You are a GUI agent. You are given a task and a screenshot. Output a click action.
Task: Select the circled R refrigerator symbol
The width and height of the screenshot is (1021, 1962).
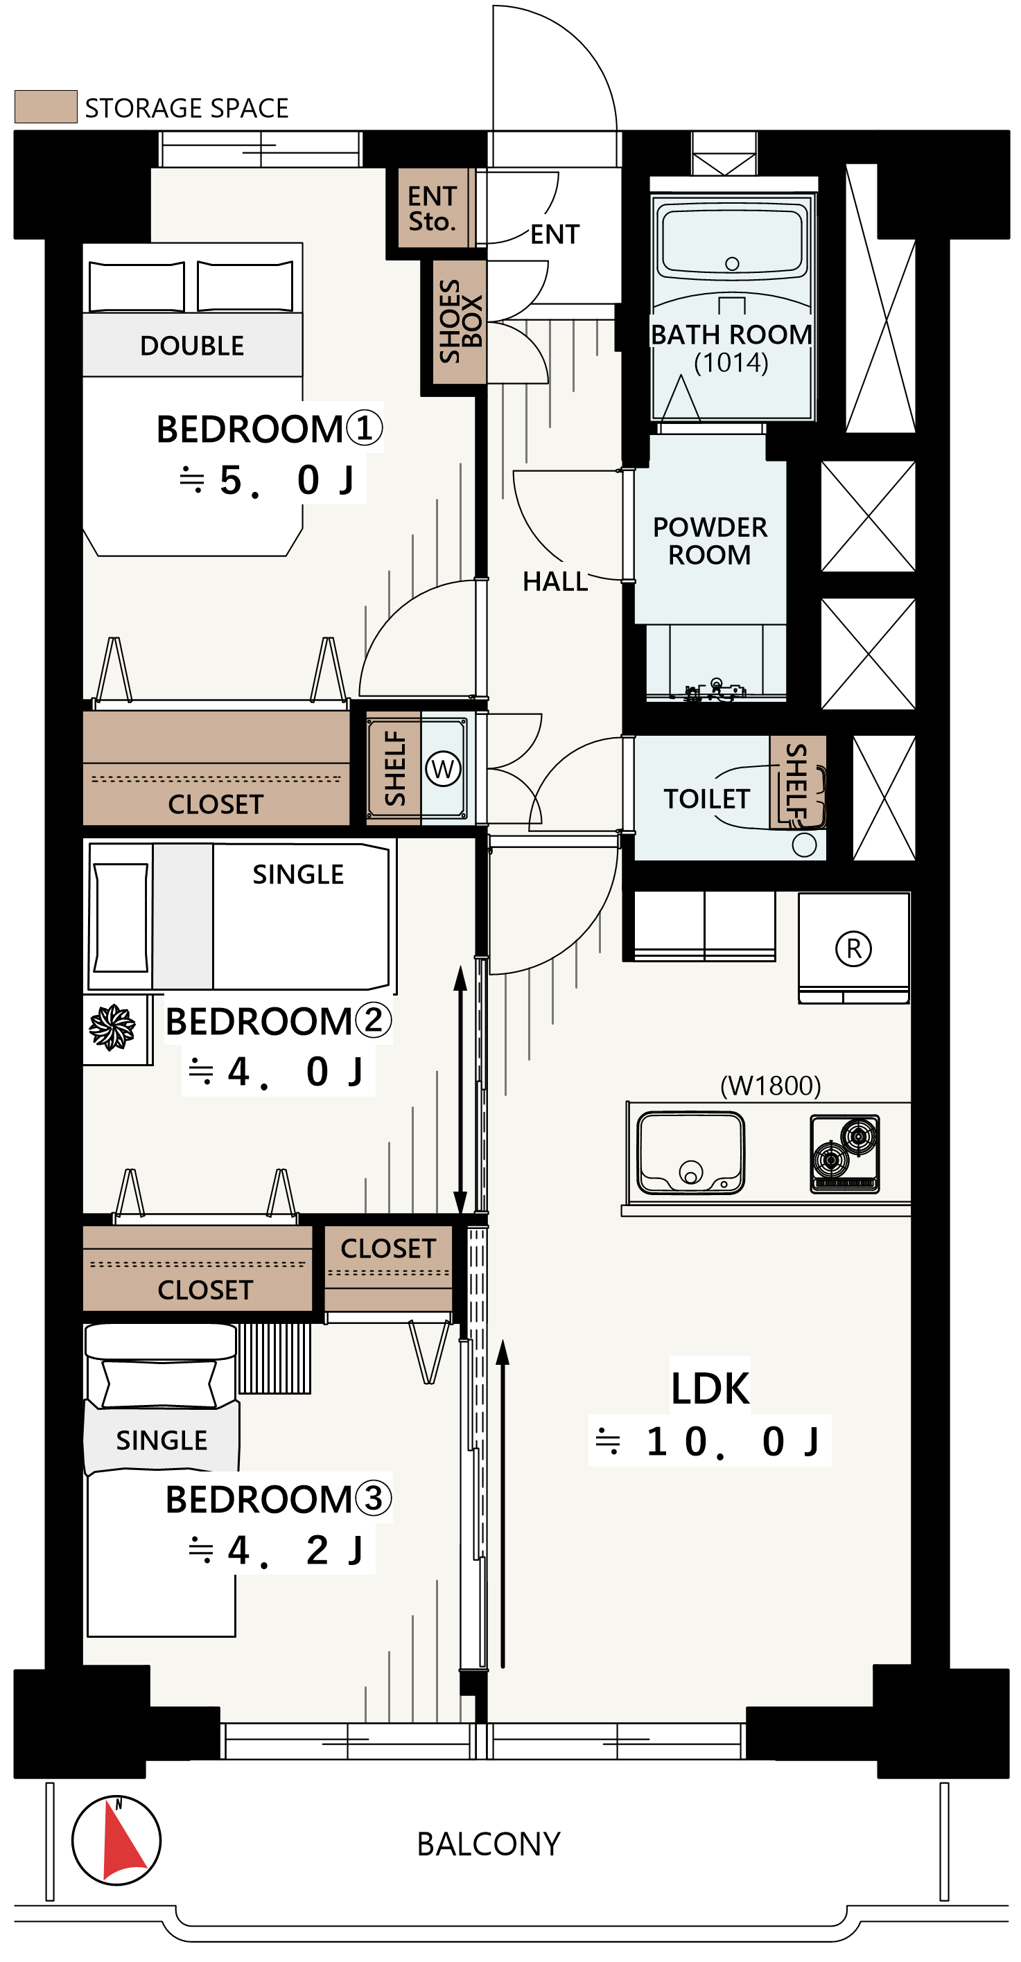coord(853,949)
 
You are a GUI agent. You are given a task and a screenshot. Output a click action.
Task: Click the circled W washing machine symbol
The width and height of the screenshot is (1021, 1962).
coord(444,768)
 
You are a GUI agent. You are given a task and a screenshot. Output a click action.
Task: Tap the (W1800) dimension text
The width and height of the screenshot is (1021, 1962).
coord(770,1086)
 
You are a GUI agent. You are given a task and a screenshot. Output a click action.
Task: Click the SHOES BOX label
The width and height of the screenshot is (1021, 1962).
coord(460,321)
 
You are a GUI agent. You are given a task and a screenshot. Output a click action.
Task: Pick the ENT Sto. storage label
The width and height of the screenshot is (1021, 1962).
coord(432,209)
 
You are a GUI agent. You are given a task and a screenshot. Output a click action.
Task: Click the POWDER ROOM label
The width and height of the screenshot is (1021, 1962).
coord(709,541)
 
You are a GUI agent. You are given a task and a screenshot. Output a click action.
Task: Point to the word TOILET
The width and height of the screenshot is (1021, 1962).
coord(707,799)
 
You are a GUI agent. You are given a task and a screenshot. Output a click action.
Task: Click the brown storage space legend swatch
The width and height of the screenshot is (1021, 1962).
coord(46,107)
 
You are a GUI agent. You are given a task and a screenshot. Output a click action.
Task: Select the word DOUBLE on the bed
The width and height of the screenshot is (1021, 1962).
coord(192,346)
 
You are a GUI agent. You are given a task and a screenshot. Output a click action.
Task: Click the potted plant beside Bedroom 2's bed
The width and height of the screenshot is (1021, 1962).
coord(112,1027)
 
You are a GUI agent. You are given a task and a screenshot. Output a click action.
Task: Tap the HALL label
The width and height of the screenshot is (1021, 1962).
coord(555,582)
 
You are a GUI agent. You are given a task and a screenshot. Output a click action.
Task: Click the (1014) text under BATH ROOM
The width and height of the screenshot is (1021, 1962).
coord(731,362)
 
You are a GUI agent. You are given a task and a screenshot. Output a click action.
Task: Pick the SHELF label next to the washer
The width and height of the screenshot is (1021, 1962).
coord(394,768)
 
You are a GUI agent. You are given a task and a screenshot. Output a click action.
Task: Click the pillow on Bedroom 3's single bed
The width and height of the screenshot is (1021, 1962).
coord(159,1382)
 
